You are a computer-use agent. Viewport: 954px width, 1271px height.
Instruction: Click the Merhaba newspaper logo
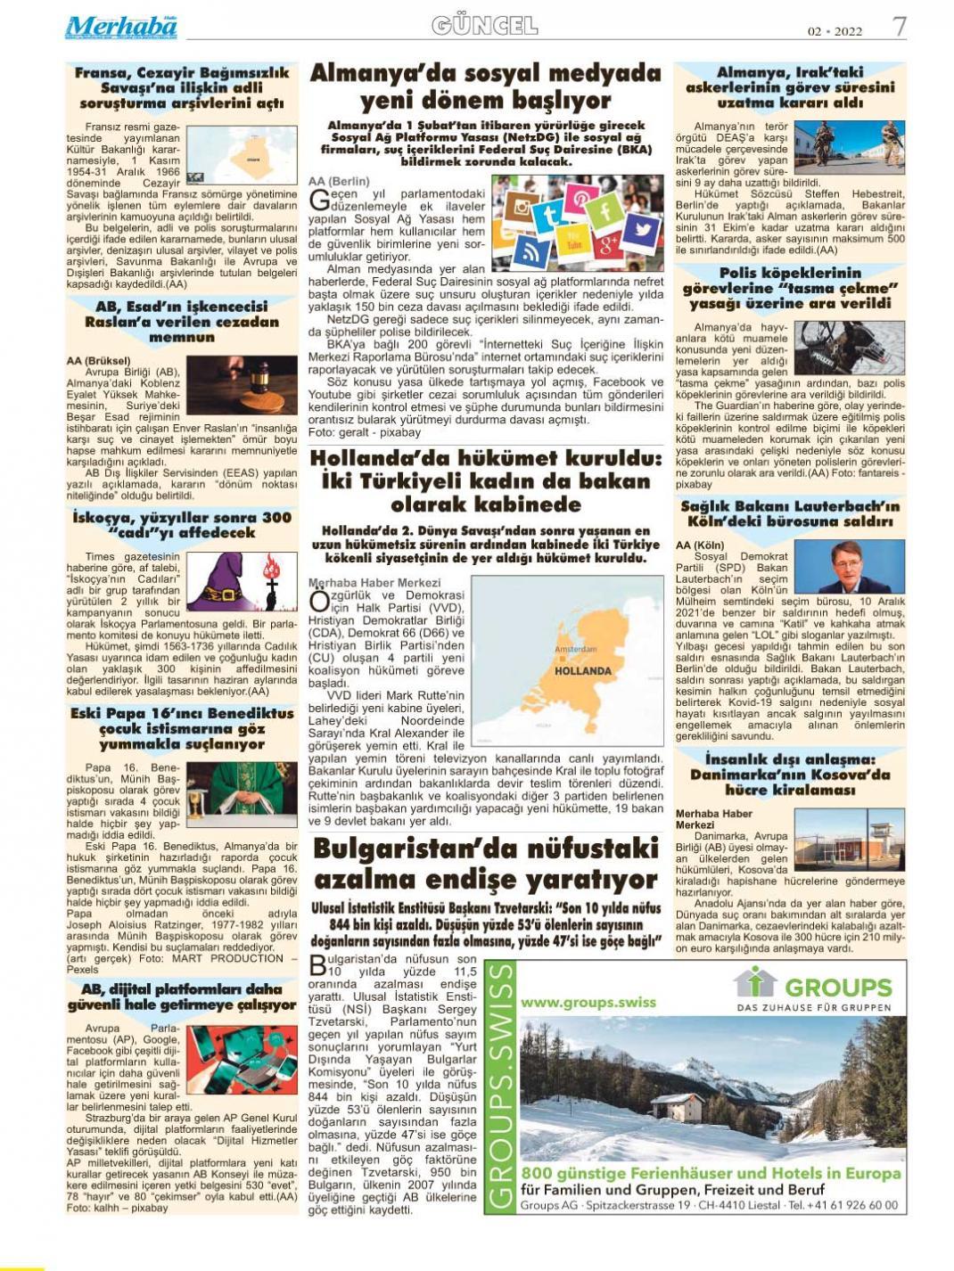(120, 27)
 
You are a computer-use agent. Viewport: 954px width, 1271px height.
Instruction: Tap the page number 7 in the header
(900, 27)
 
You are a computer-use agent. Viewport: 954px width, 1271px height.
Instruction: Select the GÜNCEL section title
(484, 26)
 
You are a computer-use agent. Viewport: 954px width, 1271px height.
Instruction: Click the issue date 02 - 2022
(835, 31)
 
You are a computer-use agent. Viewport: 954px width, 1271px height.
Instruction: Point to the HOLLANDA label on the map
(583, 670)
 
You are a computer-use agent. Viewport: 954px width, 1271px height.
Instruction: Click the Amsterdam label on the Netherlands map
(575, 649)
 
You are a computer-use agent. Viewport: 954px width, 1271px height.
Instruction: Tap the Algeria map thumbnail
(241, 155)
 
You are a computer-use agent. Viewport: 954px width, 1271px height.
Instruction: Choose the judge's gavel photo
(242, 385)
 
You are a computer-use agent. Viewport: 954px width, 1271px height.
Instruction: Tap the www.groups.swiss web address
(588, 1002)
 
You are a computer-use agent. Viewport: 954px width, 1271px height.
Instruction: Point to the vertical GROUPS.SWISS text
(502, 1086)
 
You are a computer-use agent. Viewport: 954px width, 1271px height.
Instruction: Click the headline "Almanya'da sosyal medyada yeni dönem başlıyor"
(485, 86)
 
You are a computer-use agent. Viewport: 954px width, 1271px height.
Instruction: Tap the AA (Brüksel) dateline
(98, 361)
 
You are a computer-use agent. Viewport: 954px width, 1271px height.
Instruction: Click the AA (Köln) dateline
(701, 545)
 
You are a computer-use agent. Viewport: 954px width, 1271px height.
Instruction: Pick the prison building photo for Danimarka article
(849, 839)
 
